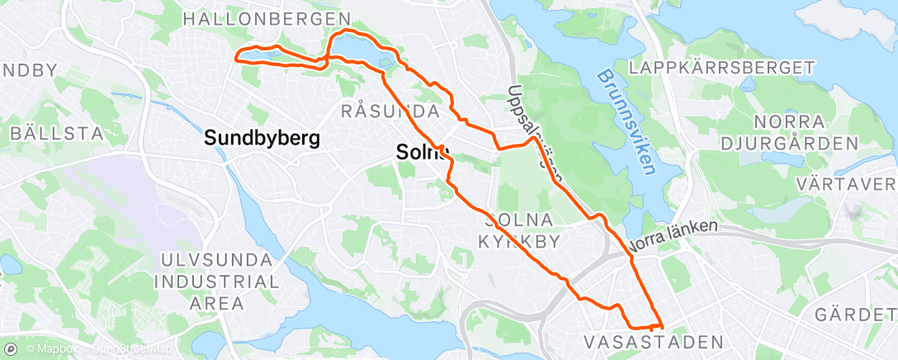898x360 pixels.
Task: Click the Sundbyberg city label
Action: pyautogui.click(x=262, y=138)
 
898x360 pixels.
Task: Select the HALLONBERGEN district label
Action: pyautogui.click(x=266, y=18)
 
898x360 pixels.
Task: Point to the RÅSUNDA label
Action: pyautogui.click(x=388, y=111)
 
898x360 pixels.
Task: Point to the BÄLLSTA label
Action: pyautogui.click(x=56, y=132)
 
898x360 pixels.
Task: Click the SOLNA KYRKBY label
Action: pyautogui.click(x=520, y=230)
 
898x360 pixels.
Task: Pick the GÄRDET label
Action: pyautogui.click(x=854, y=315)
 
